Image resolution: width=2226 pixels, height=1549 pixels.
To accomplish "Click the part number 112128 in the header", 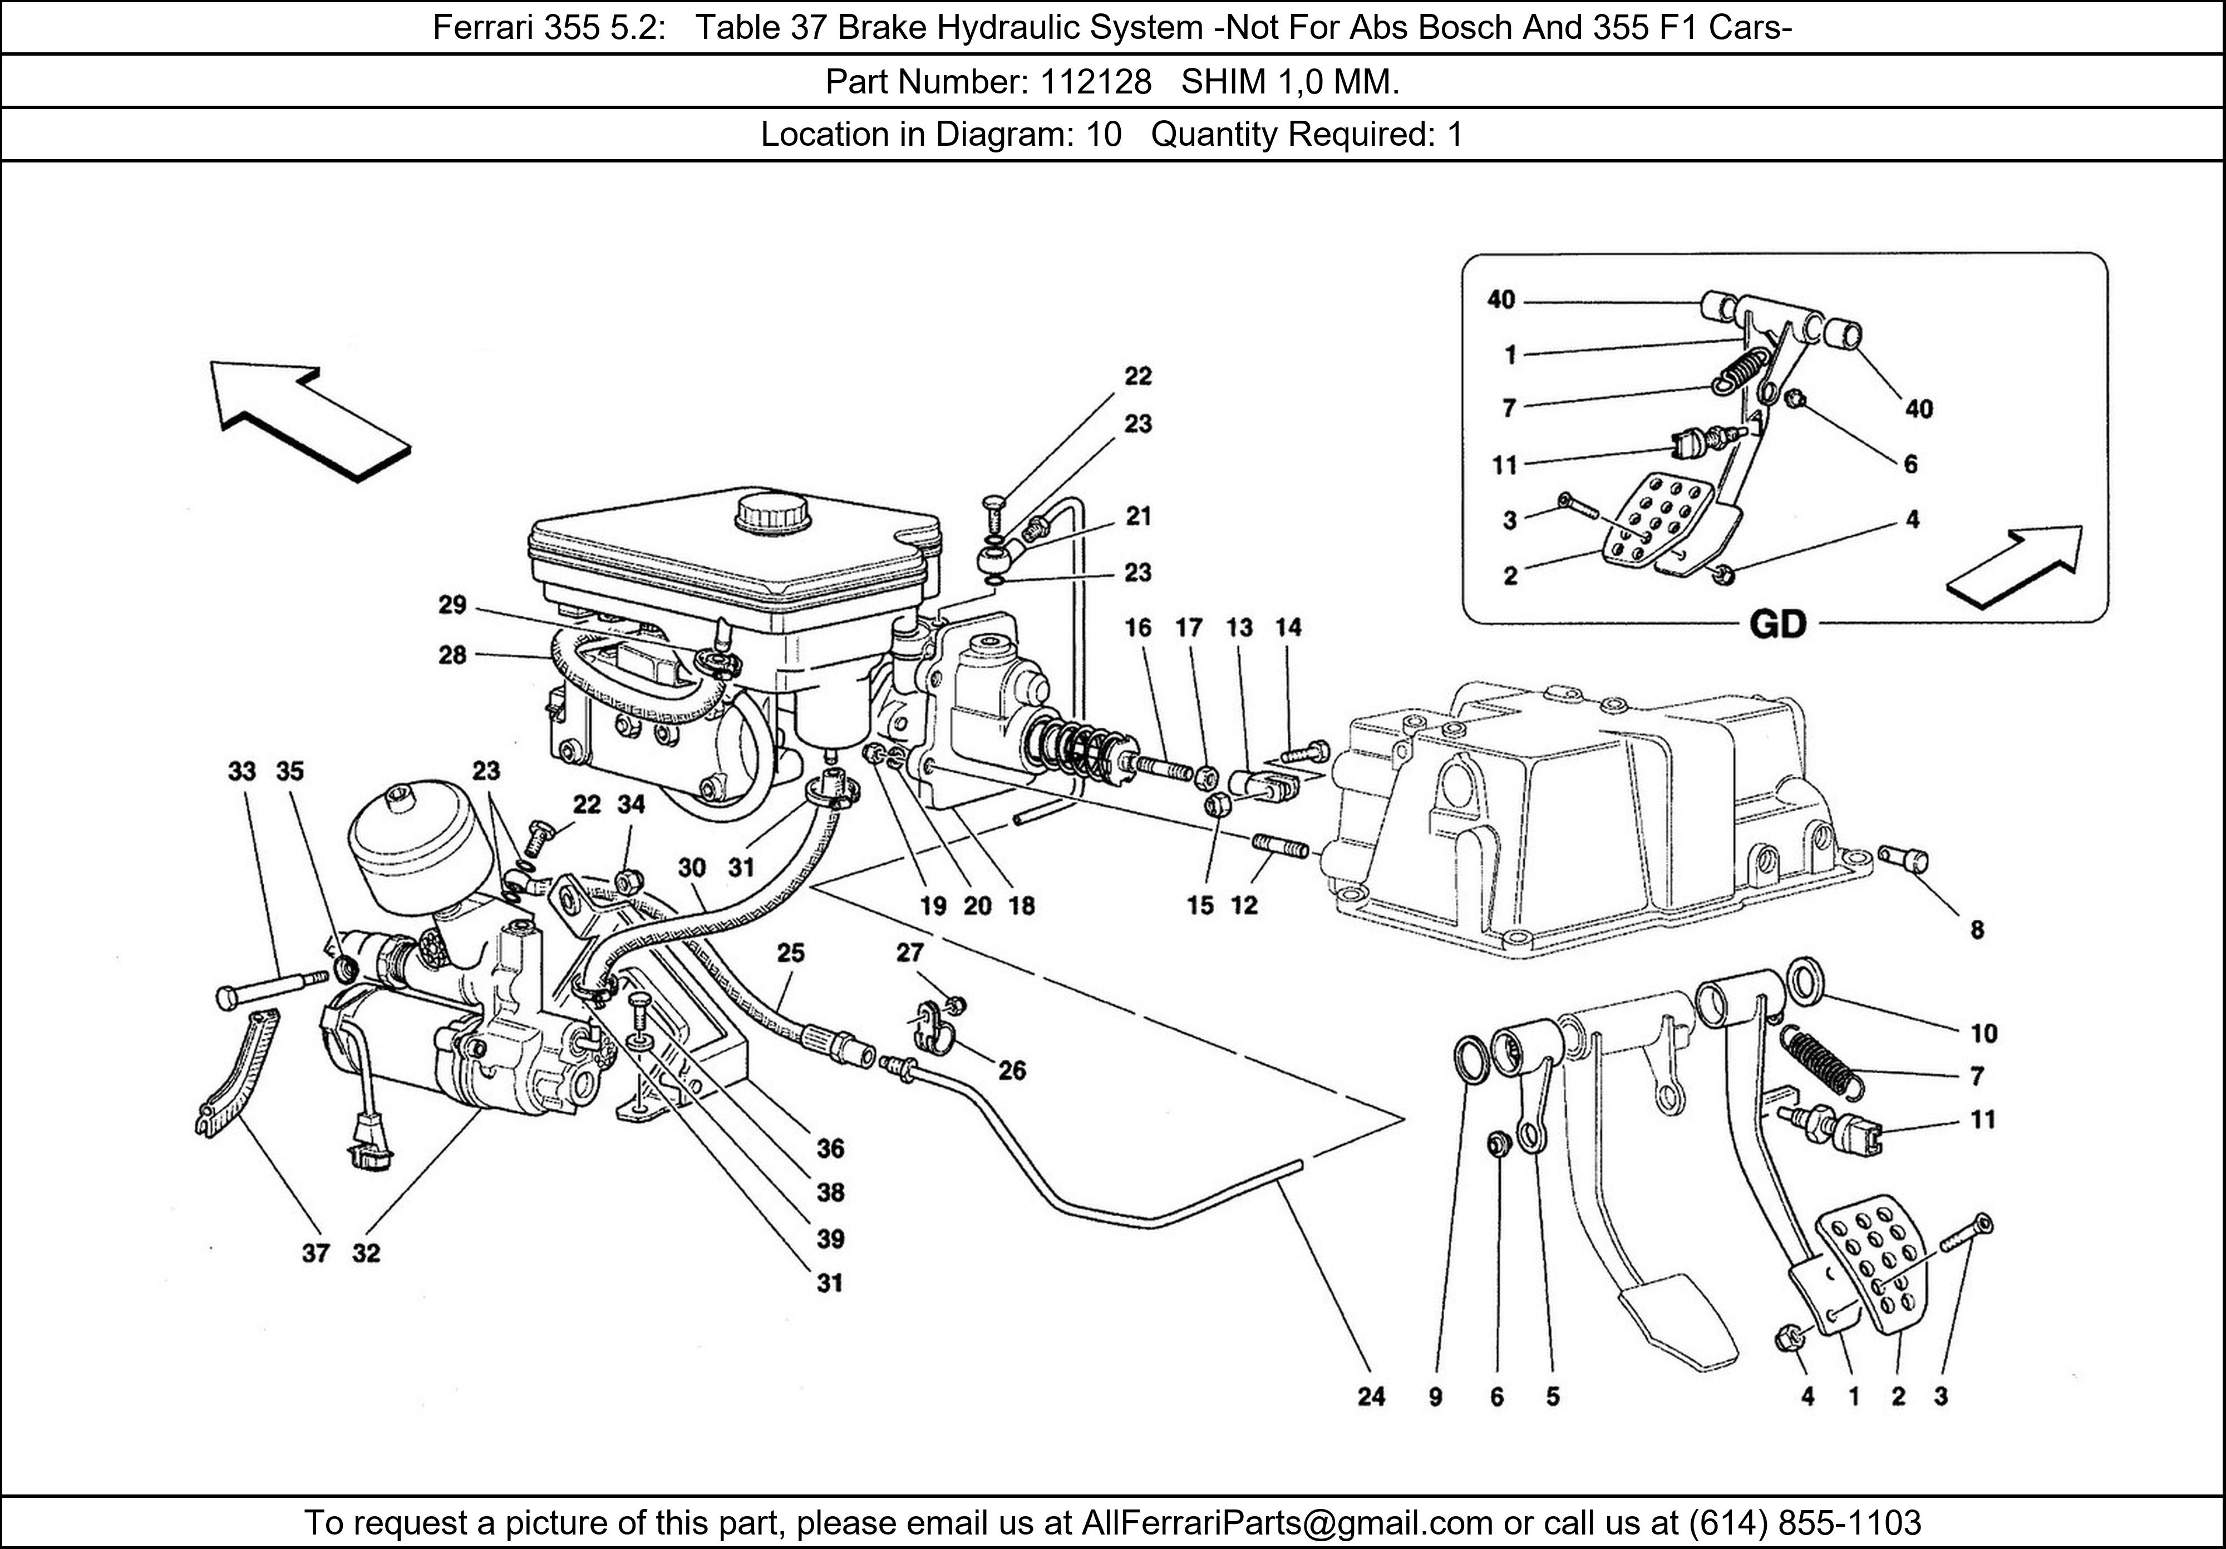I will [1096, 82].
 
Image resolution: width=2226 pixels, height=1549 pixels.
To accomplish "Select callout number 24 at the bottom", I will [1371, 1397].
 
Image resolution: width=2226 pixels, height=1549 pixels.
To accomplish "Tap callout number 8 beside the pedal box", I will [1977, 930].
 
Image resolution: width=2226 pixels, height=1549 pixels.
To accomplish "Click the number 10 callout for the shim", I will [1983, 1033].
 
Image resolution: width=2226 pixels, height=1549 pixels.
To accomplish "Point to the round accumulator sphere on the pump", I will [412, 853].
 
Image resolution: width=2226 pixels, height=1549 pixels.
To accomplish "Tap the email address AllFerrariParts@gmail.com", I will [1287, 1523].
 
